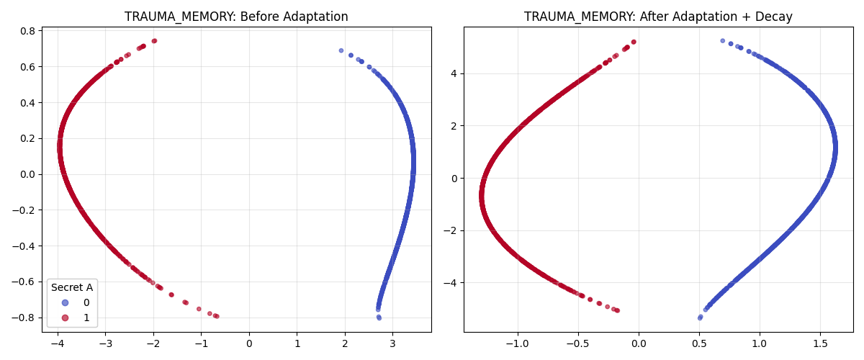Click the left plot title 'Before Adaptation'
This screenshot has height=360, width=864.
[x=236, y=17]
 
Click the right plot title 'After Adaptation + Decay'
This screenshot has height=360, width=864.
[x=658, y=17]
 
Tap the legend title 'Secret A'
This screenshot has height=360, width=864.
[x=72, y=287]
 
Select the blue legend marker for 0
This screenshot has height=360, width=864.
[x=66, y=302]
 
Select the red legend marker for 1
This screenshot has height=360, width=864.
[x=66, y=318]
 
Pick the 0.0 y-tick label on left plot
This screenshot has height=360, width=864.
[x=27, y=174]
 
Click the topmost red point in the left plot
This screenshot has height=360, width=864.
[x=154, y=41]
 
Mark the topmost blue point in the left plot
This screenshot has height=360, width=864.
[x=341, y=50]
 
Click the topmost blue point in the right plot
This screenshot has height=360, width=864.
[x=723, y=41]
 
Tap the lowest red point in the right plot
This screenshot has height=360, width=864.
[x=617, y=310]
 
